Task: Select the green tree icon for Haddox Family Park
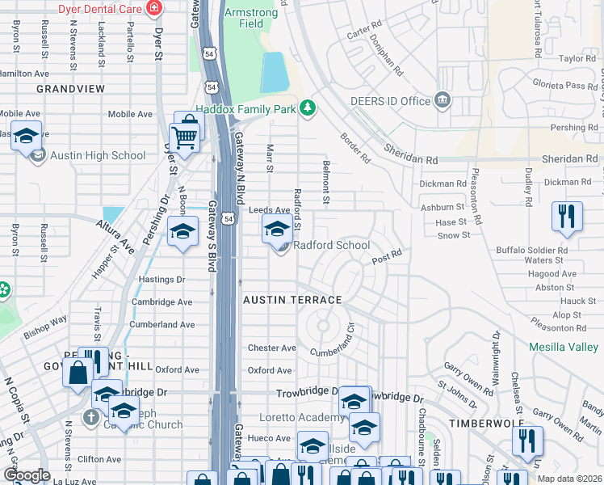(x=307, y=108)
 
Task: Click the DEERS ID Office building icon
(x=442, y=100)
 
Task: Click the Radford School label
(x=331, y=245)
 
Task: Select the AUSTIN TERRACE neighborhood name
(x=293, y=300)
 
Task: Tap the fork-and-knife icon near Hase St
(x=567, y=216)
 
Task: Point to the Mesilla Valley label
(x=563, y=347)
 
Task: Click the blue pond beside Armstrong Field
(x=275, y=73)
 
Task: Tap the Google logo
(x=27, y=475)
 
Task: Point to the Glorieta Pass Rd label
(x=563, y=86)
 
